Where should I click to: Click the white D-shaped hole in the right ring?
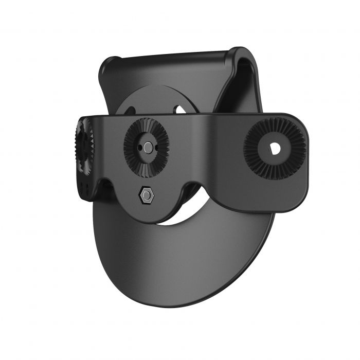coord(274,148)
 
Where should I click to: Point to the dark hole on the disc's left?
coord(130,110)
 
